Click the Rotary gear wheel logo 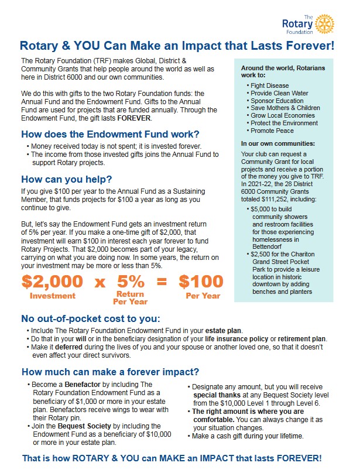325,24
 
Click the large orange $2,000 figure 52,282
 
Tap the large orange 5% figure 130,282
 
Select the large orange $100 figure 201,282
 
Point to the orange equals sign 162,282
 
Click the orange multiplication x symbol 100,283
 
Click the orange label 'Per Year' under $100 203,296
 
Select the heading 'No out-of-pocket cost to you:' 90,319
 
